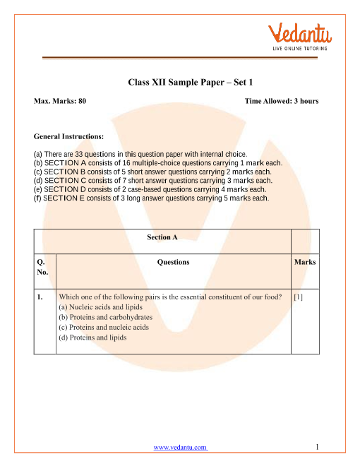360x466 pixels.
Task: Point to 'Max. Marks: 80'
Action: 60,102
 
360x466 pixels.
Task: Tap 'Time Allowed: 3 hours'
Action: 282,102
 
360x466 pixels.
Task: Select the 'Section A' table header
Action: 162,238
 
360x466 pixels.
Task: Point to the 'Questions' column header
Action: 173,262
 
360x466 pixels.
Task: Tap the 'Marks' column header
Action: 305,262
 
